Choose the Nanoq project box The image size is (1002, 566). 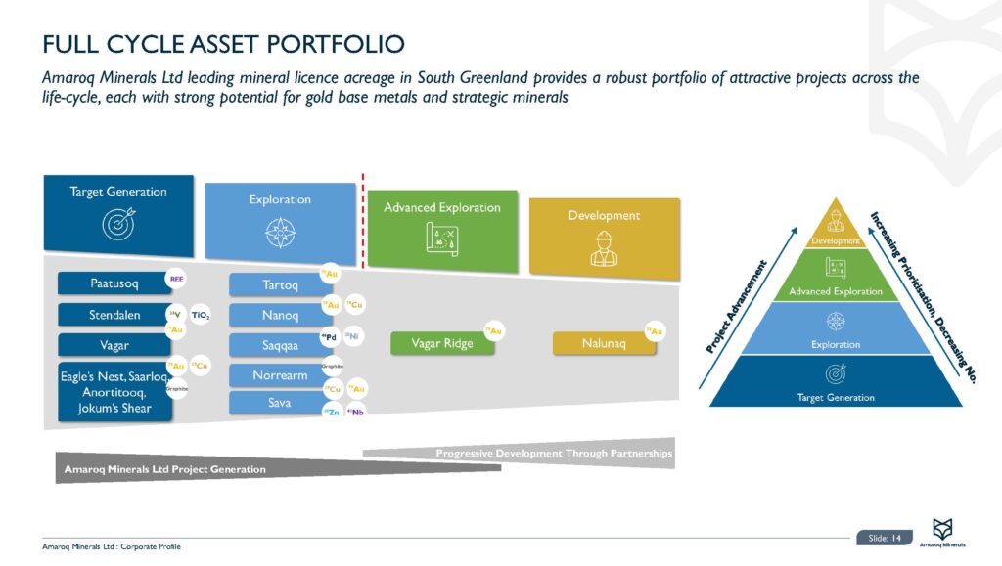(x=274, y=316)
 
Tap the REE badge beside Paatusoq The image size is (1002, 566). (x=177, y=279)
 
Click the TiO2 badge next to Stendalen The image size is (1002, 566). (x=201, y=315)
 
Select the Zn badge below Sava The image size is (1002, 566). (x=331, y=414)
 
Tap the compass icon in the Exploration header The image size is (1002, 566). (x=280, y=234)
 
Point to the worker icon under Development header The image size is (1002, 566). (x=604, y=248)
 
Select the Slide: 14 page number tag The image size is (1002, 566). (x=885, y=537)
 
